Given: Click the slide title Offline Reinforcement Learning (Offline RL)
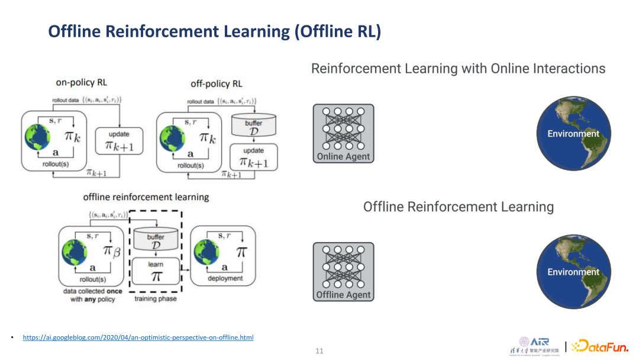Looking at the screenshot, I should coord(214,31).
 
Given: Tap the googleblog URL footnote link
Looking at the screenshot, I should coord(138,337).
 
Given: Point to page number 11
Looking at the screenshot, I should coord(319,351).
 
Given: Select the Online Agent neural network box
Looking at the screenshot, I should coord(343,134).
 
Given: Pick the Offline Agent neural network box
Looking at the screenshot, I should coord(343,272).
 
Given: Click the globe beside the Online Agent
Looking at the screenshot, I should coord(573,133).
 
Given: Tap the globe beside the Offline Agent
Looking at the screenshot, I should coord(573,272).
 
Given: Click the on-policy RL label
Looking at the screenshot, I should coord(82,83).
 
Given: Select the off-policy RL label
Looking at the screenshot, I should coord(217,84).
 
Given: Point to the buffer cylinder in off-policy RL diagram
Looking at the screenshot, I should coord(253,127).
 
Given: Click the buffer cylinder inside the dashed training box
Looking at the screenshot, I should coord(156,240).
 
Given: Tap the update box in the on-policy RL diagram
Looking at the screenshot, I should coord(119,140).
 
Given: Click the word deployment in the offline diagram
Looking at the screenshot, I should coord(225,278).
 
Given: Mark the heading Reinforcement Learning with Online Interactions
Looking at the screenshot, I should coord(458,69).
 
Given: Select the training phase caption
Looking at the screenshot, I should coord(156,299).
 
